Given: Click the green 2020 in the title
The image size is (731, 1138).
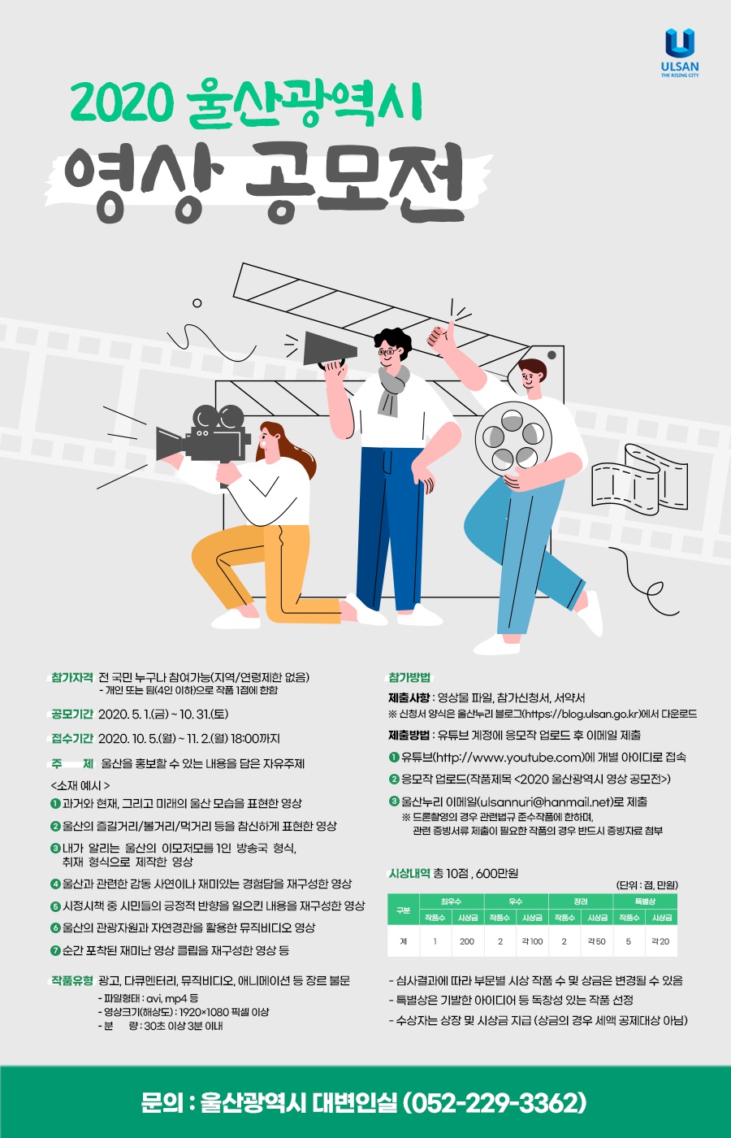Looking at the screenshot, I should [123, 103].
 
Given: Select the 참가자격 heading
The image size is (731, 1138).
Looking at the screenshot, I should [72, 677].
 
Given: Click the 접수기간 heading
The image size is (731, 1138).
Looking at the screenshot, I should [72, 738].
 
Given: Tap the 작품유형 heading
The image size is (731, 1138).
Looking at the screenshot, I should [72, 980].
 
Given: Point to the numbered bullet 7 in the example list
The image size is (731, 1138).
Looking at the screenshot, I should [55, 950].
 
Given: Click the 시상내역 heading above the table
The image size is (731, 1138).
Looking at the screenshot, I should [409, 873].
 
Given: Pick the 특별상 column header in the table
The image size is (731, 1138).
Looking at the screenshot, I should [644, 901].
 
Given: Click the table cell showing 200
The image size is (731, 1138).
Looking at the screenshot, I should [467, 941].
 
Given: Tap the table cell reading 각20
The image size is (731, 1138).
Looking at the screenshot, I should [660, 941].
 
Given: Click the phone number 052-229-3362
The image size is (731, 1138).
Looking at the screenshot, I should [495, 1103].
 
